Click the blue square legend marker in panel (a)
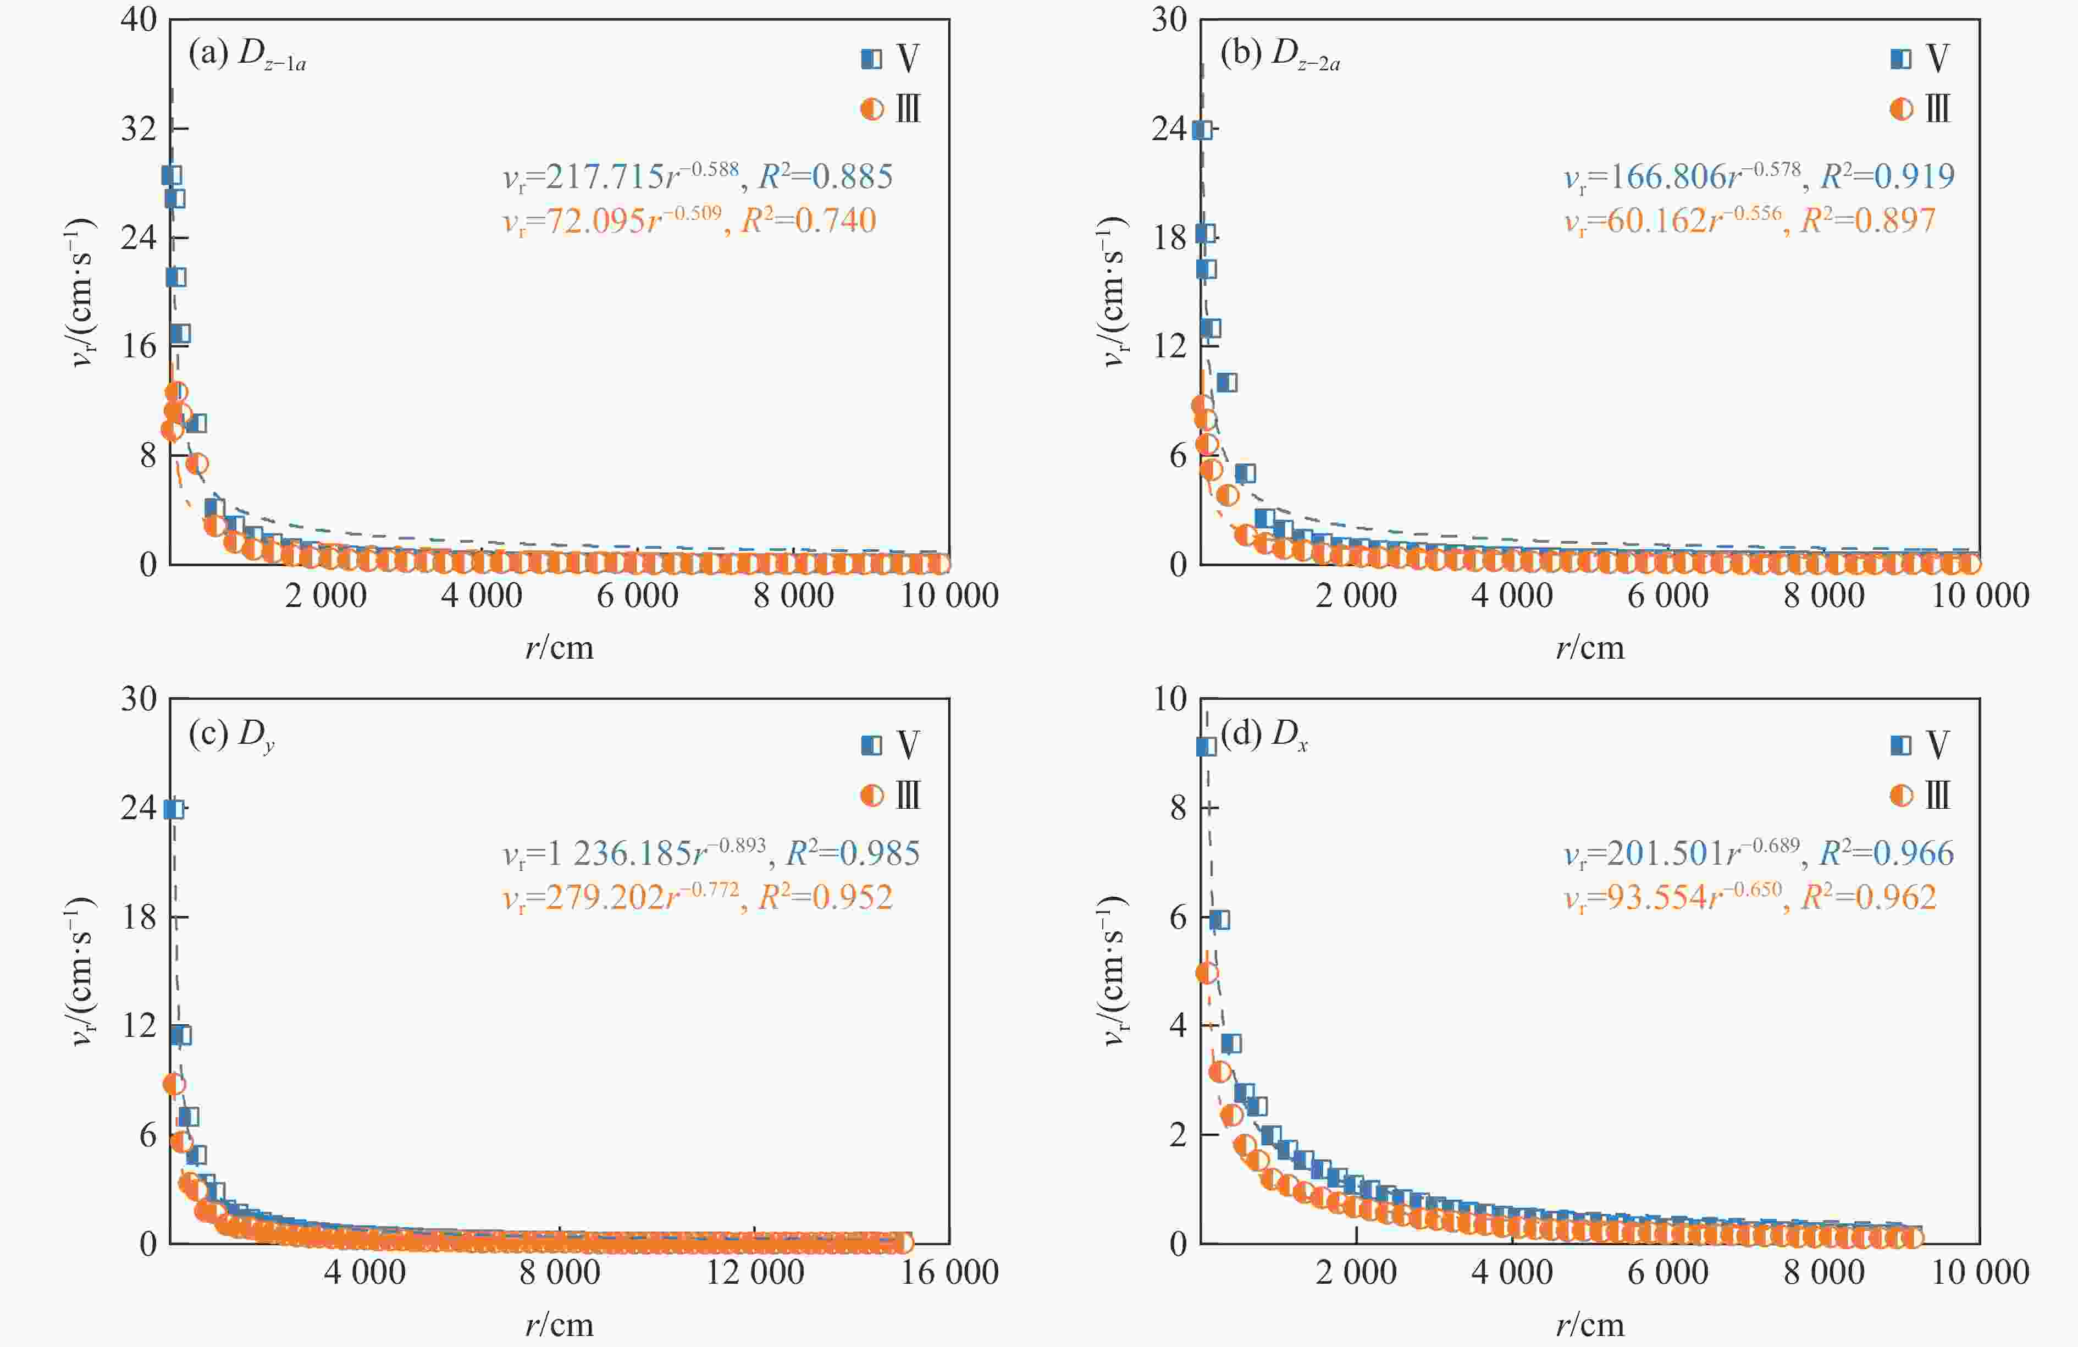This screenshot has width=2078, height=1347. [x=870, y=58]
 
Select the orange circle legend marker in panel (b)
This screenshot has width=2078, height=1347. [x=1901, y=109]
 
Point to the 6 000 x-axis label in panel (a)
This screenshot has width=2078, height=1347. [x=637, y=596]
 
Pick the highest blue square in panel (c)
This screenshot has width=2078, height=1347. [x=173, y=808]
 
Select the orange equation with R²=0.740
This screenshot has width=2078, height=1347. [x=689, y=220]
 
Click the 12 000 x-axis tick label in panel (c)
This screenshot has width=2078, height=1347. [x=754, y=1273]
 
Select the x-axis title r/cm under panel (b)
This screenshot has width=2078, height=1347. [x=1590, y=648]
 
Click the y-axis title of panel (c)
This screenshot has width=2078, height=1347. [x=81, y=971]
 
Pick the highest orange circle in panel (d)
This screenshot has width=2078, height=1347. [x=1206, y=973]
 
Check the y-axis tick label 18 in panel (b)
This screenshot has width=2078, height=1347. [x=1170, y=238]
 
